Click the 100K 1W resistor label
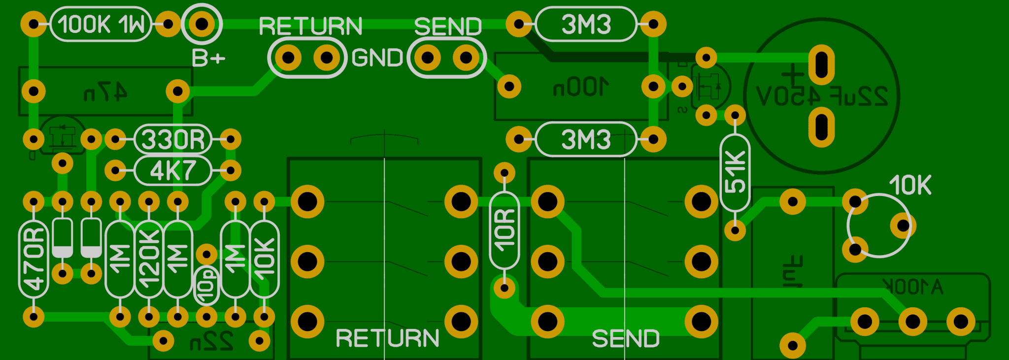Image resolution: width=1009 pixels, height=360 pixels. click(x=101, y=24)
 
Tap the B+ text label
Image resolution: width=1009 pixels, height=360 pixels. click(x=208, y=59)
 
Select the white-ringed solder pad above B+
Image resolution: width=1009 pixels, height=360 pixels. click(x=202, y=24)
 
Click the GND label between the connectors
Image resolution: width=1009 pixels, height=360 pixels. click(x=377, y=58)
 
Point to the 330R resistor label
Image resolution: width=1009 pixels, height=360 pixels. click(x=172, y=139)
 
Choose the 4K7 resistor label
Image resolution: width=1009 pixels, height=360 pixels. click(x=172, y=171)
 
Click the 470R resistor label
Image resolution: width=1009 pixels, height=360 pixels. click(x=34, y=259)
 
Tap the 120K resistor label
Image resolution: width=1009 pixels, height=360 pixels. click(x=149, y=259)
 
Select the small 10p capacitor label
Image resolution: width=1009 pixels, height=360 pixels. click(x=207, y=286)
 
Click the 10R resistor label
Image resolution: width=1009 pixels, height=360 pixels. click(x=504, y=230)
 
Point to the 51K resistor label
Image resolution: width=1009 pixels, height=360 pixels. click(x=735, y=172)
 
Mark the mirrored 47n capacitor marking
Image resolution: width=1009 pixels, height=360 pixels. click(x=105, y=92)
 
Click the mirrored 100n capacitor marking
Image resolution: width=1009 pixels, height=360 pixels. click(x=581, y=87)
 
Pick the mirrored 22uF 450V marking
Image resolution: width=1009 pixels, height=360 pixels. click(x=822, y=97)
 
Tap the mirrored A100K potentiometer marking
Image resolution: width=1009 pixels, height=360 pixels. click(x=912, y=286)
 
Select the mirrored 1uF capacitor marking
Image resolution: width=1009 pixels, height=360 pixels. click(x=793, y=271)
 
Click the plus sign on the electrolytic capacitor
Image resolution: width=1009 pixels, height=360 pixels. click(x=793, y=75)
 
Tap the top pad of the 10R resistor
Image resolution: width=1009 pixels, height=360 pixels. click(x=504, y=172)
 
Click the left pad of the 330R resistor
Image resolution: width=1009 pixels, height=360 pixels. click(x=115, y=139)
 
